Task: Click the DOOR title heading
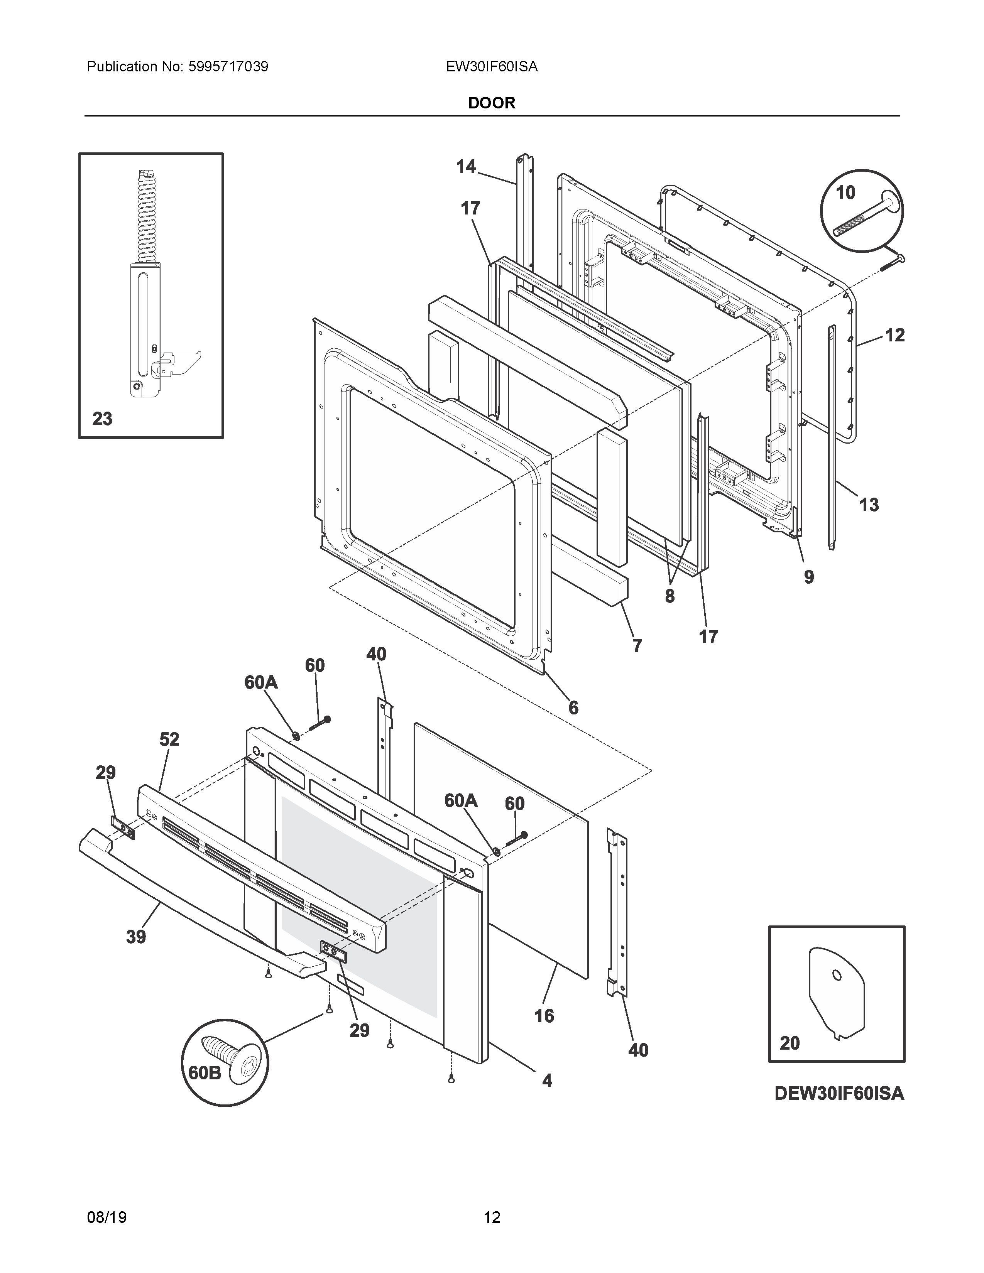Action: tap(491, 103)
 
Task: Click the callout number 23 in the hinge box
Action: tap(103, 419)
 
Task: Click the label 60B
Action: tap(205, 1072)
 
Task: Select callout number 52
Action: tap(169, 739)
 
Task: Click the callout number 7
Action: tap(637, 645)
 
